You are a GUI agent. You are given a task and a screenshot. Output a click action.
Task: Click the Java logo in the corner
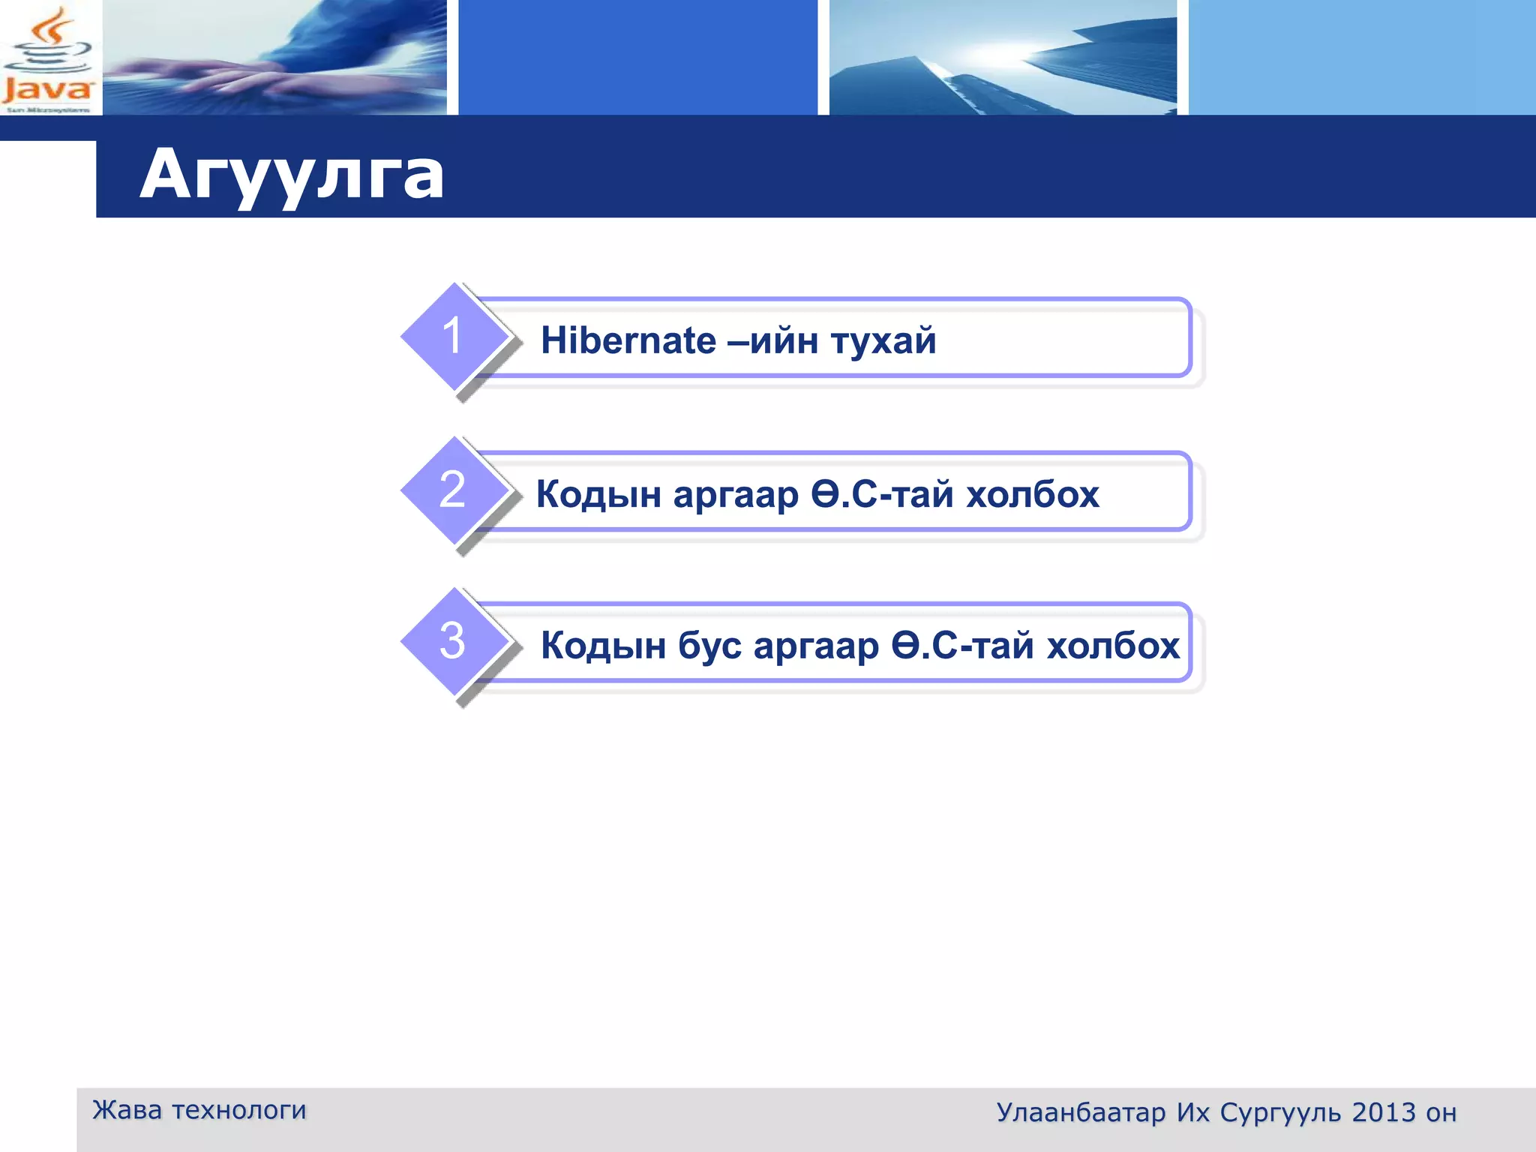point(48,58)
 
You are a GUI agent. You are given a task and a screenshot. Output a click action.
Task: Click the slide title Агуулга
point(292,175)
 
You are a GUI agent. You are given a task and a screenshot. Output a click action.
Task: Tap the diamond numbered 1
point(453,336)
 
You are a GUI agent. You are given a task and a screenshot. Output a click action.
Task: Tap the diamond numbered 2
point(453,490)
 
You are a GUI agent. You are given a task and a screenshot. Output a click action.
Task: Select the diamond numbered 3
point(453,641)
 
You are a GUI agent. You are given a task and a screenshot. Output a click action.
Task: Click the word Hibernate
point(628,340)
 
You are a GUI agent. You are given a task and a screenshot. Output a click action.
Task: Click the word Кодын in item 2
point(598,495)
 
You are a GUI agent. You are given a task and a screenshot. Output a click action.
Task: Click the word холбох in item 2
point(1033,495)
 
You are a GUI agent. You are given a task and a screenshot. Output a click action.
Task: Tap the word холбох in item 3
point(1113,646)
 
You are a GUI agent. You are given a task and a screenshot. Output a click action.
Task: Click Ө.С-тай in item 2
point(882,495)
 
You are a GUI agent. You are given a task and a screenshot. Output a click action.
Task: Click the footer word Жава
point(127,1110)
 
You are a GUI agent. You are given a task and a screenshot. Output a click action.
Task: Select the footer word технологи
point(239,1110)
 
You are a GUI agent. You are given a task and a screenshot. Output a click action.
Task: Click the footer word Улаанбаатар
point(1081,1113)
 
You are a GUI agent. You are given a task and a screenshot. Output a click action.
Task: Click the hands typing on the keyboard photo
point(274,58)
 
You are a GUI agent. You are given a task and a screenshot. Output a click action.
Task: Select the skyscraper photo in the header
point(1003,58)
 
